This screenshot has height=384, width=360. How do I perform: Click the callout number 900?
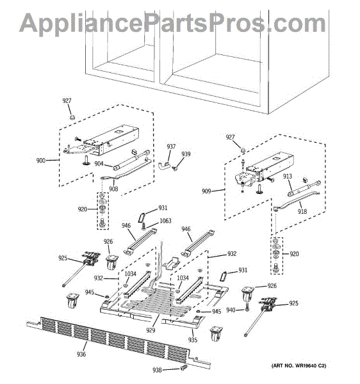tap(41, 161)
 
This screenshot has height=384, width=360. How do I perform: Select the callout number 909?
tap(206, 191)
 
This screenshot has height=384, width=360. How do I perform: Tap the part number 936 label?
tap(81, 354)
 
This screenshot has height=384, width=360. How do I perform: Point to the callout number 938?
tap(157, 370)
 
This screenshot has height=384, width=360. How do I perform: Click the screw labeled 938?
tap(184, 367)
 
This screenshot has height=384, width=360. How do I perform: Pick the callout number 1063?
tap(165, 221)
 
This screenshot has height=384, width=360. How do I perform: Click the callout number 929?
tap(151, 330)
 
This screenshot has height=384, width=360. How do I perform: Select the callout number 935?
tap(193, 340)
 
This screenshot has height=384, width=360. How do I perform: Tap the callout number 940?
tap(231, 310)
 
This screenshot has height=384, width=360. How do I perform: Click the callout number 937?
tap(171, 147)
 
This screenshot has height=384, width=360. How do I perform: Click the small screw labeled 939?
tap(176, 168)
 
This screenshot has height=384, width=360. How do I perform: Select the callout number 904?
tap(99, 164)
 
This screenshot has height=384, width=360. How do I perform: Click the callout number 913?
tap(287, 176)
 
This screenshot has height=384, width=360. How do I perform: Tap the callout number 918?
tap(302, 211)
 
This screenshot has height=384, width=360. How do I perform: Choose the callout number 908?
tap(113, 189)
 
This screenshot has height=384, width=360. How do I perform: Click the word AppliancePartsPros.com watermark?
tap(172, 23)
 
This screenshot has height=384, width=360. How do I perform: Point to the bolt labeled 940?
tap(247, 307)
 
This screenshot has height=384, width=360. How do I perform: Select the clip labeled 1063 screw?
tap(143, 226)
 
